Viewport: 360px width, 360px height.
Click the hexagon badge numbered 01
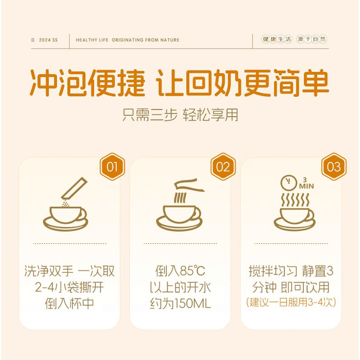coord(112,167)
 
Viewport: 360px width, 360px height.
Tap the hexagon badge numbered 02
coord(223,167)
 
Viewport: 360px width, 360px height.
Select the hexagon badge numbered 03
coord(334,167)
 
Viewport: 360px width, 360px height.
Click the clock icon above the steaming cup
coord(289,183)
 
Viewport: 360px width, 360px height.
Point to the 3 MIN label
coord(306,183)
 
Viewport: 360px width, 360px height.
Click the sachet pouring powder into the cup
coord(74,188)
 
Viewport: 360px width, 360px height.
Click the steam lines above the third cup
coord(295,200)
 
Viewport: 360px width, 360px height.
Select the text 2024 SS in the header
coord(48,40)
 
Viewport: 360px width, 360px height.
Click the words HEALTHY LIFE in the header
coord(92,40)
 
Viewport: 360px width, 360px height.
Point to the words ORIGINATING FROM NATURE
coord(146,40)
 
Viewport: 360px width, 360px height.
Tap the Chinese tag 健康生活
coord(277,39)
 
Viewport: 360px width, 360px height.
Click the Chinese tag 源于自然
coord(311,39)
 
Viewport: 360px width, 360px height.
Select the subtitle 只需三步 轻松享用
coord(180,115)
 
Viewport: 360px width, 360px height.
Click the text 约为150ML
coord(180,303)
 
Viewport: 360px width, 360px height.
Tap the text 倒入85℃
coord(180,271)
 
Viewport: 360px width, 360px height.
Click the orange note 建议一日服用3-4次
coord(291,302)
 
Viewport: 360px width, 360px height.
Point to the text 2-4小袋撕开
coord(70,287)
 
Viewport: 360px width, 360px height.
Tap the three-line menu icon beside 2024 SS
coord(33,40)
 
